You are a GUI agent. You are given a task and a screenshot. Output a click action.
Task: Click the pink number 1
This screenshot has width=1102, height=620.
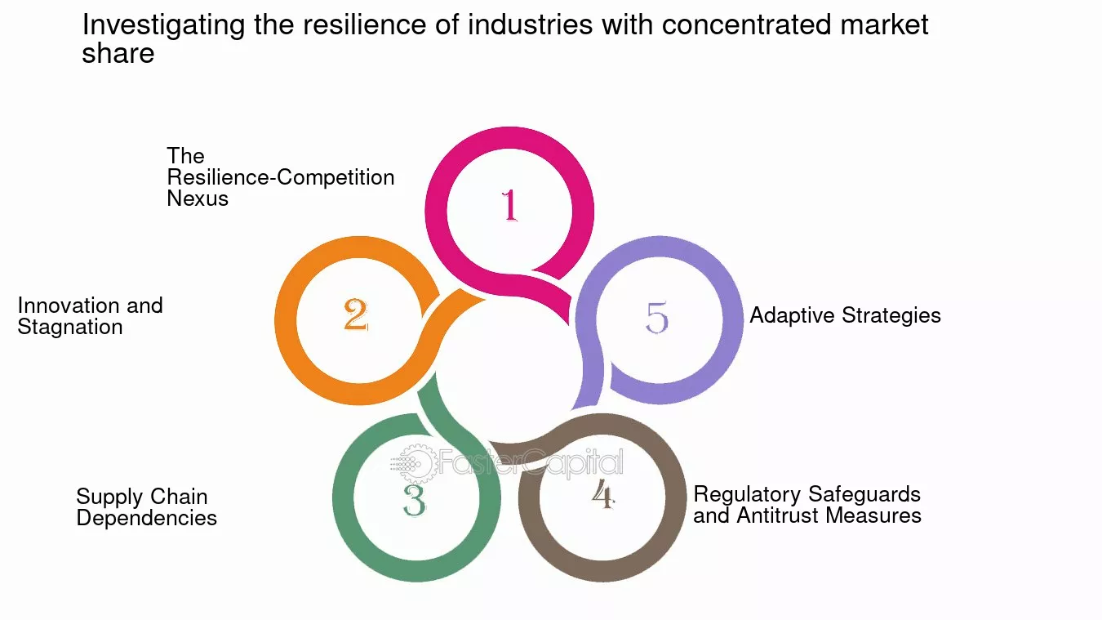(509, 205)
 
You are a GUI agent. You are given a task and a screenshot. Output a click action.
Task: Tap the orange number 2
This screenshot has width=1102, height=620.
(356, 314)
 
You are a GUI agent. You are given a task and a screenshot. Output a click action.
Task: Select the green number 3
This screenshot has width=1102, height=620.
(414, 501)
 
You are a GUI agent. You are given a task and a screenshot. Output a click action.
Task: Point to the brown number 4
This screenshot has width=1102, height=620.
(603, 494)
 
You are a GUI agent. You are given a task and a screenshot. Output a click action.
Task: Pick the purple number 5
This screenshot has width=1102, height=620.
(657, 318)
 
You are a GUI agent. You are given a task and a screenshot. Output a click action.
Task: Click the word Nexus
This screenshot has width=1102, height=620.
(198, 198)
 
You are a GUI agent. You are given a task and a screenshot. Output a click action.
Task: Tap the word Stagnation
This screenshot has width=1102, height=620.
(70, 327)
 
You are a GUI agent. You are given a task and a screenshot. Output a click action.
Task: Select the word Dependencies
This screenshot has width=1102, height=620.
(147, 518)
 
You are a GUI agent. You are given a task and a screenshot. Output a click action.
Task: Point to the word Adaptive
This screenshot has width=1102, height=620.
(792, 315)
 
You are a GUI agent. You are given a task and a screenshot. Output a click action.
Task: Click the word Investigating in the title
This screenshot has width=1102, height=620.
(163, 25)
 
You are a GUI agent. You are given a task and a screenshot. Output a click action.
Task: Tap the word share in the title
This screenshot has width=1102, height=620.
(118, 53)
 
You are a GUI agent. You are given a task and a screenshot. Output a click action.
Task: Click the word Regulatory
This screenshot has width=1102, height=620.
(746, 494)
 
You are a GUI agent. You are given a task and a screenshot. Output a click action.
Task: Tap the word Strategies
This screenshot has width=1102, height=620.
(891, 315)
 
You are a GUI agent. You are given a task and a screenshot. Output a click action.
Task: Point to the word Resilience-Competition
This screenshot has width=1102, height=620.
(281, 178)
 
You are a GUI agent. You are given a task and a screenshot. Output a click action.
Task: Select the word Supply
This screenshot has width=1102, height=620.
(109, 497)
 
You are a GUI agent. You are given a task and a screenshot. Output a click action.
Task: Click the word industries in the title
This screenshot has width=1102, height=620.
(531, 25)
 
